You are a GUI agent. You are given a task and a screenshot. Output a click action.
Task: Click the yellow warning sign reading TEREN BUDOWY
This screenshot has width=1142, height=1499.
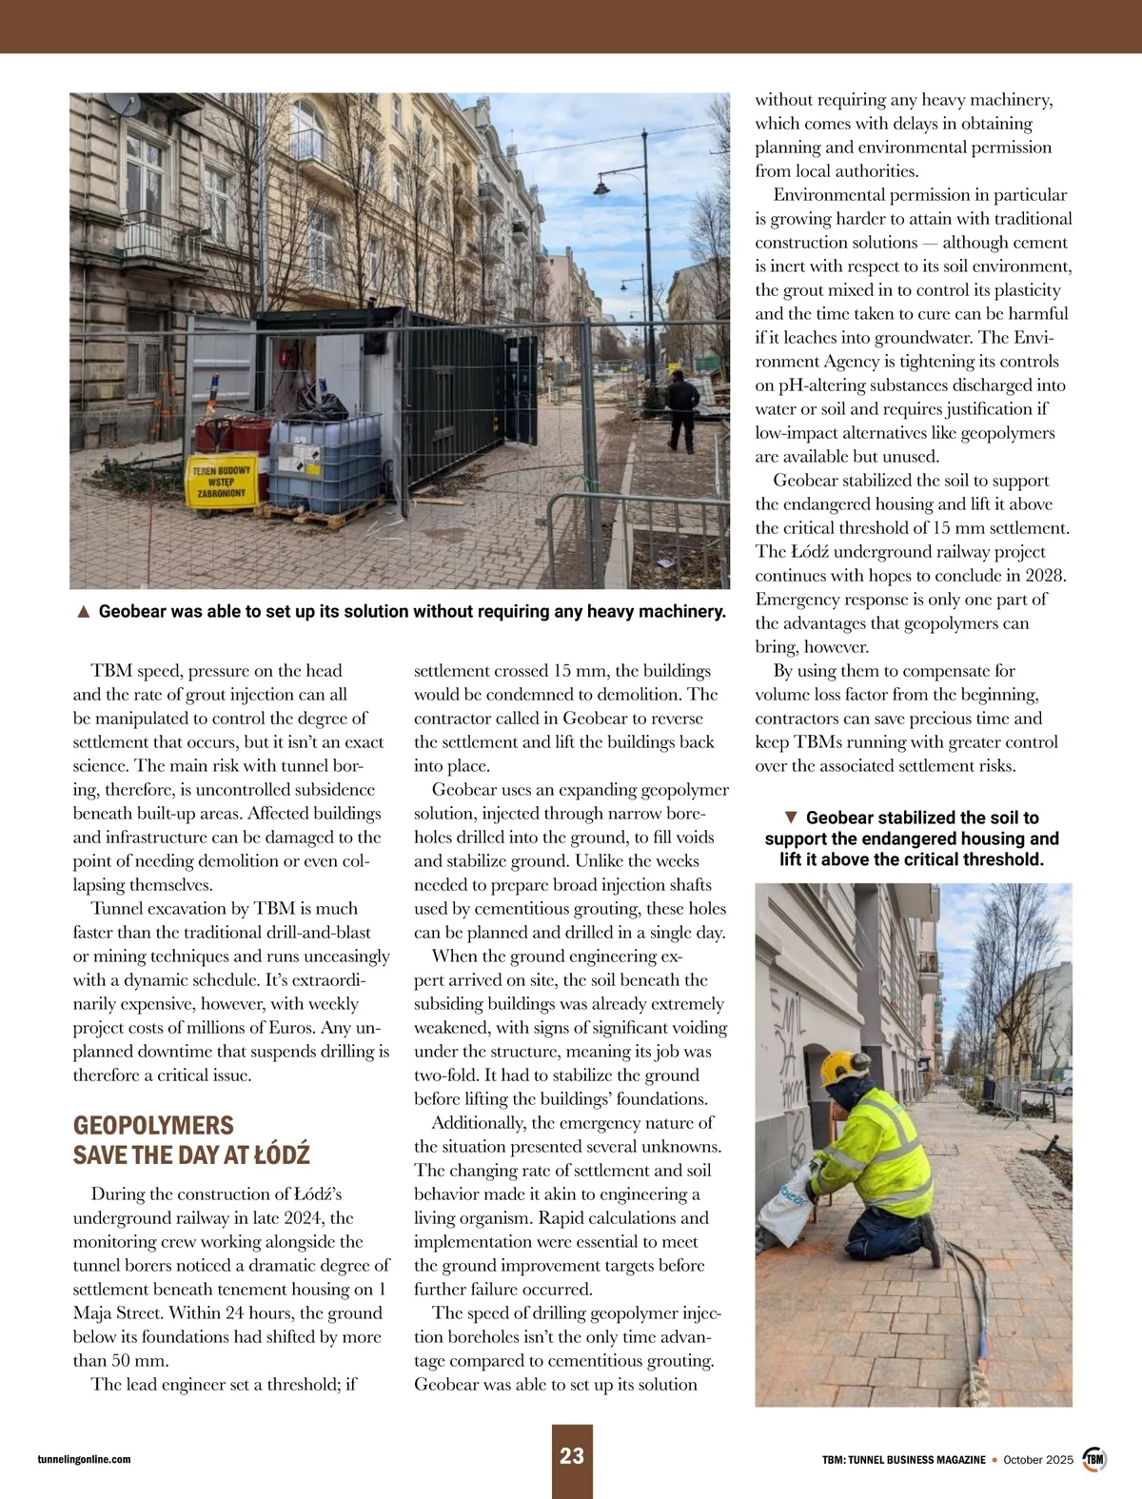222,482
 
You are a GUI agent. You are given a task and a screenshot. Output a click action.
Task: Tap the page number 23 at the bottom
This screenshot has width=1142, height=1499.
572,1456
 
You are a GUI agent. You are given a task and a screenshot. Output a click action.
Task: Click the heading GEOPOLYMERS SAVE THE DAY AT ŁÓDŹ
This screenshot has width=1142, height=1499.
191,1140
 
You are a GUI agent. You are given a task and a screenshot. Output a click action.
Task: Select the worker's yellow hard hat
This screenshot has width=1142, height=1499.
840,1065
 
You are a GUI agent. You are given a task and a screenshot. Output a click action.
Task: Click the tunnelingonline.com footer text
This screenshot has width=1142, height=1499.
84,1459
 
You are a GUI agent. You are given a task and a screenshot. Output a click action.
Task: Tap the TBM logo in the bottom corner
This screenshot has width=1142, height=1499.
1094,1459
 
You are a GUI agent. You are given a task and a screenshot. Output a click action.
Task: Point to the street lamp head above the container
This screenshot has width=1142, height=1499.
601,187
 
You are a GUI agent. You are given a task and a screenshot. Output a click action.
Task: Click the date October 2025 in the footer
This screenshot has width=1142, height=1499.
1039,1459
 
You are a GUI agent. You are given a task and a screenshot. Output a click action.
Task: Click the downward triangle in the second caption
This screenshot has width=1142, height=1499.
790,818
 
